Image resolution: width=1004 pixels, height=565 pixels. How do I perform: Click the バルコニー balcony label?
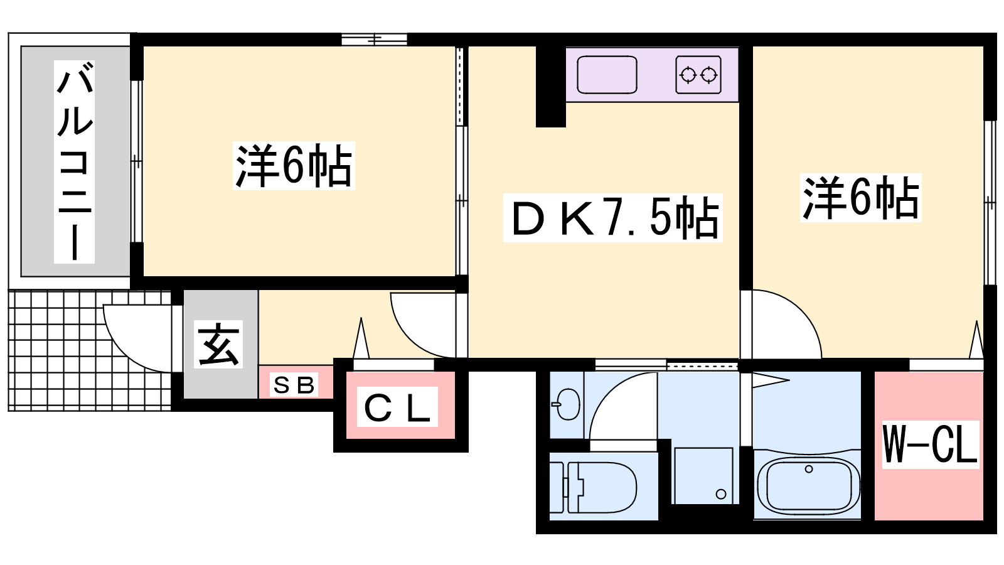(x=74, y=161)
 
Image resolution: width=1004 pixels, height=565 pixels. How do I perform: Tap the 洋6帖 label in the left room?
(x=294, y=166)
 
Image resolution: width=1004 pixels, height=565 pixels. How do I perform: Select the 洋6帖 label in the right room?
(x=861, y=198)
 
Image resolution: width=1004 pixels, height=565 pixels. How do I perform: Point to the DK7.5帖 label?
(x=613, y=218)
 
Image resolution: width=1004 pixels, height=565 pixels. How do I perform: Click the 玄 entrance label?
(x=218, y=344)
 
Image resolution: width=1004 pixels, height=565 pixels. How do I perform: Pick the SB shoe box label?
(x=294, y=385)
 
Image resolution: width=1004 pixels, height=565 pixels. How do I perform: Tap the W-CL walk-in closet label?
(x=930, y=444)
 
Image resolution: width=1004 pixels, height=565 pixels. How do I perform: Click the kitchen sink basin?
(x=607, y=75)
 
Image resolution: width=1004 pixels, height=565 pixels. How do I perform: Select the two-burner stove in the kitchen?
(x=698, y=75)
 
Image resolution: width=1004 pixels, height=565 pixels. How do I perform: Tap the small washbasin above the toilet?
(x=568, y=404)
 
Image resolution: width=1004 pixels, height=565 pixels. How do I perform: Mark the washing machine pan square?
(x=703, y=475)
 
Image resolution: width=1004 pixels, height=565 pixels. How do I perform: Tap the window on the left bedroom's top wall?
(x=375, y=40)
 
